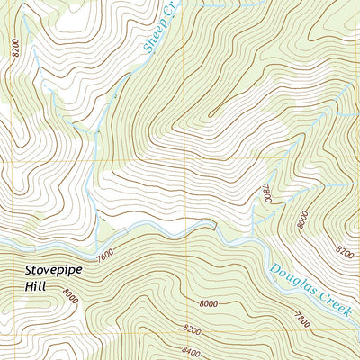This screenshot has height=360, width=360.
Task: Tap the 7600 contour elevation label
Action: point(105,256)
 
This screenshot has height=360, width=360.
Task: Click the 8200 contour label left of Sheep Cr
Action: point(15,47)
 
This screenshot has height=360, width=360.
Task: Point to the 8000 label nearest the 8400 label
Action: point(209,306)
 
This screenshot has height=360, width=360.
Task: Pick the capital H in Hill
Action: point(29,290)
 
